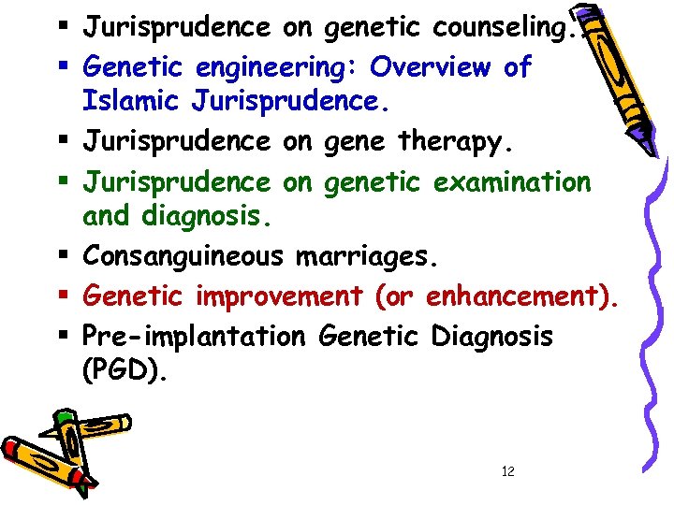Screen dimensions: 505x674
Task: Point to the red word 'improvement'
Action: point(278,296)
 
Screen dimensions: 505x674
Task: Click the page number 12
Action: point(507,471)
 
